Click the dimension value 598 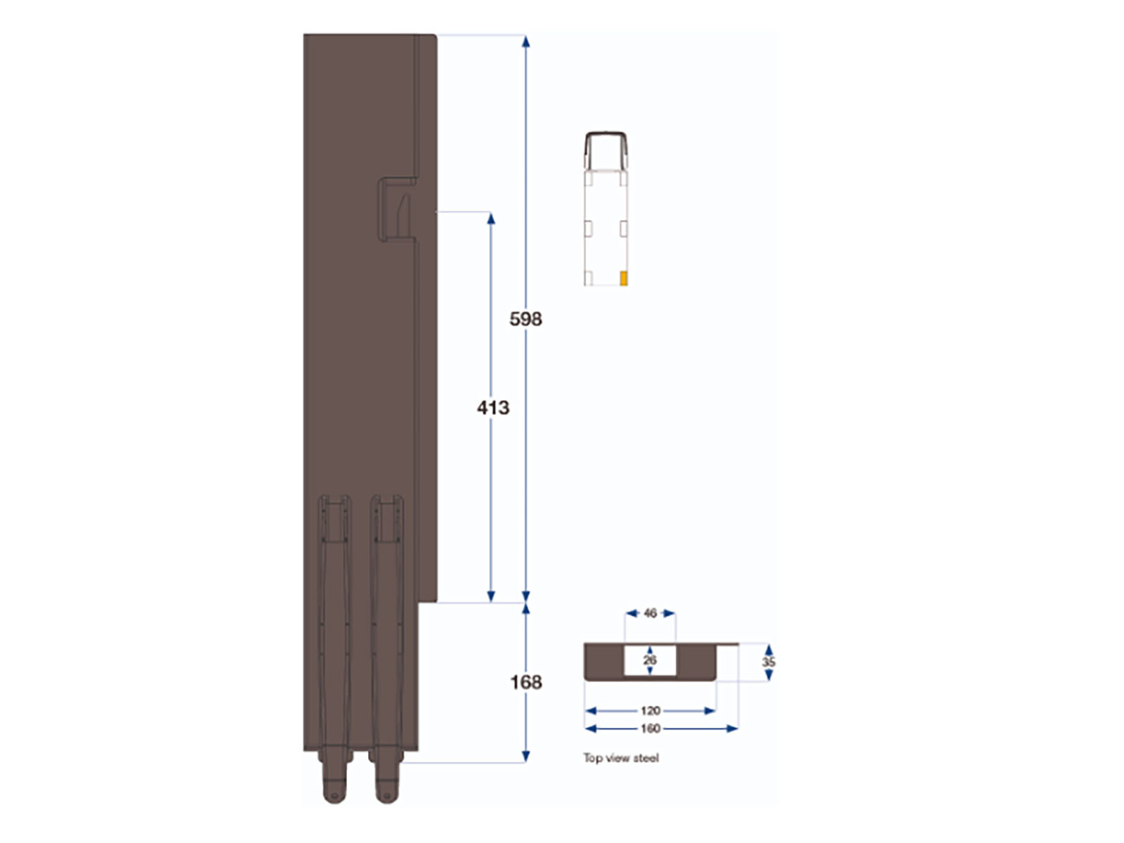(525, 319)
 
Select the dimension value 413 (492, 407)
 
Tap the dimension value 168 (525, 682)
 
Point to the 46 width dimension (650, 613)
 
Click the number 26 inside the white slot (650, 660)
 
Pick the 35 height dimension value (769, 662)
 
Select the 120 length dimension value (650, 711)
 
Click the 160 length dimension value (650, 728)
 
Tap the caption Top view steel (621, 758)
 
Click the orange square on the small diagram (624, 278)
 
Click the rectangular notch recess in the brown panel (397, 209)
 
